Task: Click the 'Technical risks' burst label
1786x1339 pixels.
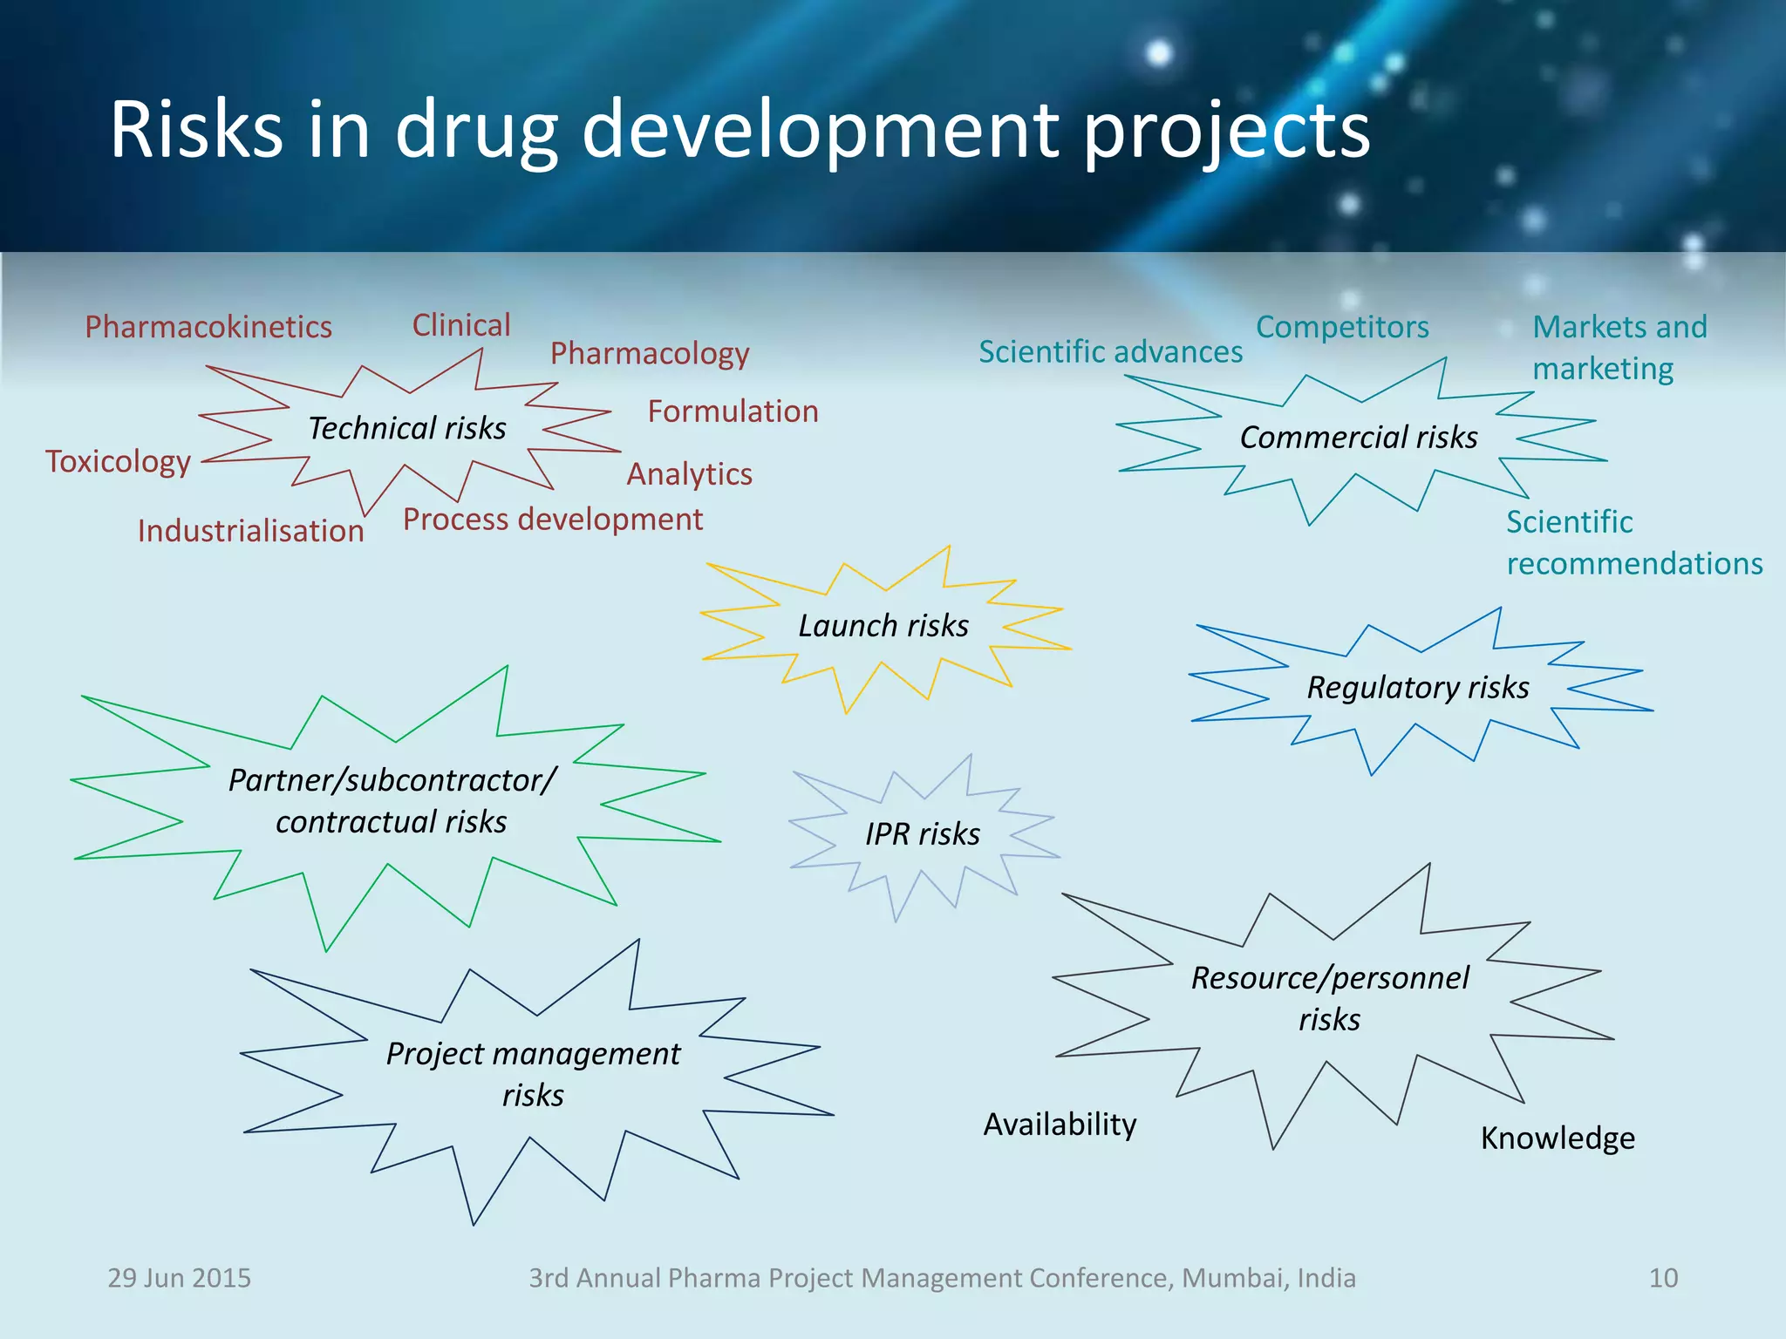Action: click(x=407, y=428)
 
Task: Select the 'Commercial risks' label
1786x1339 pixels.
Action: click(x=1359, y=437)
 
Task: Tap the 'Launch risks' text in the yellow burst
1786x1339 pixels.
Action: click(x=883, y=625)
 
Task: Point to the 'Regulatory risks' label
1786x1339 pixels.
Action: click(x=1418, y=687)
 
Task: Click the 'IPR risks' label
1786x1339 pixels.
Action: click(x=923, y=833)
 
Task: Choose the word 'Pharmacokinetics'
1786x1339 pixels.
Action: click(x=208, y=327)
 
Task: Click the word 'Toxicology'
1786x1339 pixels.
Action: click(x=119, y=461)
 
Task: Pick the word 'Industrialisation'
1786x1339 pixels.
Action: click(x=251, y=531)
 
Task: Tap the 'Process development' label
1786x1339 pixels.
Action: click(x=553, y=519)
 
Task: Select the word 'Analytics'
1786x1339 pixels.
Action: click(x=690, y=473)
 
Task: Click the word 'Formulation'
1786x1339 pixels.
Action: click(x=733, y=411)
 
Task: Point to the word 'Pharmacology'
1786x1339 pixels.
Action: click(x=650, y=353)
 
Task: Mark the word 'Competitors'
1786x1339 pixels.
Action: click(x=1342, y=327)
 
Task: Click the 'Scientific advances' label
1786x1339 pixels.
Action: click(x=1110, y=351)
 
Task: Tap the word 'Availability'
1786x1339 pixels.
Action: click(x=1060, y=1124)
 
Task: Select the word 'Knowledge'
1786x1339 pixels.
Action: click(x=1558, y=1138)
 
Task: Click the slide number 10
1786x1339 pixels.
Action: click(x=1663, y=1278)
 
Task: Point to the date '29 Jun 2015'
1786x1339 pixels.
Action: click(x=179, y=1278)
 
